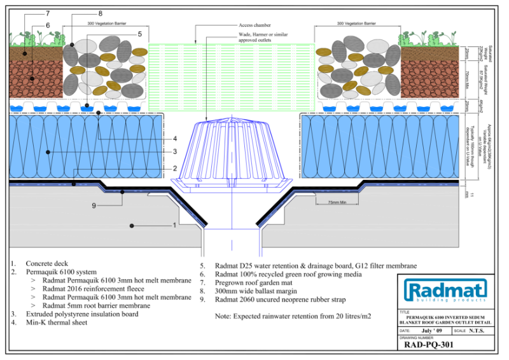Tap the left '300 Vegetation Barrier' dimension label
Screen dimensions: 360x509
[107, 24]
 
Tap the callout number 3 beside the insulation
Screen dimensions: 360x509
[174, 152]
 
